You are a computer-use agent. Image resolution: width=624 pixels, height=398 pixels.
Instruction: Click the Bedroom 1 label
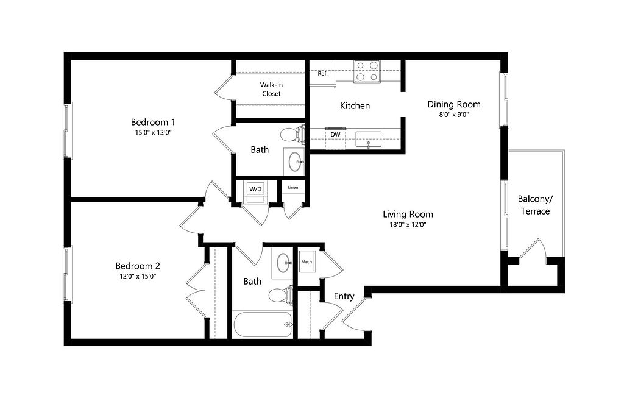point(153,122)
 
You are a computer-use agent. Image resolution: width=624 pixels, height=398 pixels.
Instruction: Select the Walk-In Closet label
point(271,89)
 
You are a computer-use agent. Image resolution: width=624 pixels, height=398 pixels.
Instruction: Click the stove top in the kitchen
point(367,71)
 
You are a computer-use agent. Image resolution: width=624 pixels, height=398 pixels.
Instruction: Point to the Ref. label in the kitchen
point(323,74)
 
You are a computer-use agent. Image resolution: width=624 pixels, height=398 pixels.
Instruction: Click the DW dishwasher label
point(336,135)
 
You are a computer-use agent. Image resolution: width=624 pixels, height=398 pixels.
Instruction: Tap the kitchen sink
point(369,140)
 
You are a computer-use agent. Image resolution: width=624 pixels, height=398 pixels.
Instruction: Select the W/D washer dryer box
point(255,189)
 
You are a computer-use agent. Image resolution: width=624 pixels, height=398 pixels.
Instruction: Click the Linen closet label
point(293,188)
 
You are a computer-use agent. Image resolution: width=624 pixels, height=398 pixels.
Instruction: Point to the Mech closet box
point(307,261)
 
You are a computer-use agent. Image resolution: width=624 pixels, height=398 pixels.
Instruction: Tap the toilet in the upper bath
point(292,135)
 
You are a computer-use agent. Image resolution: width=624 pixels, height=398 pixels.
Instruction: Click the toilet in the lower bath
point(281,295)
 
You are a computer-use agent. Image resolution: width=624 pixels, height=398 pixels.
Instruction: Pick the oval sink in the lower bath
point(283,263)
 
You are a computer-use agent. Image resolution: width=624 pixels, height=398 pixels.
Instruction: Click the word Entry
point(344,296)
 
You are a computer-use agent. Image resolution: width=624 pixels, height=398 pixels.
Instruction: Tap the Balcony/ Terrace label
point(535,205)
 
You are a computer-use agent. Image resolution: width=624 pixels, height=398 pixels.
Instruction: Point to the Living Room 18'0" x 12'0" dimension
point(408,224)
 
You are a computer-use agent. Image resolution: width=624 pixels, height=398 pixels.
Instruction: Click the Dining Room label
point(454,104)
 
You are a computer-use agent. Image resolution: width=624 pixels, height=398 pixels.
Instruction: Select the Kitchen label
point(355,106)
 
